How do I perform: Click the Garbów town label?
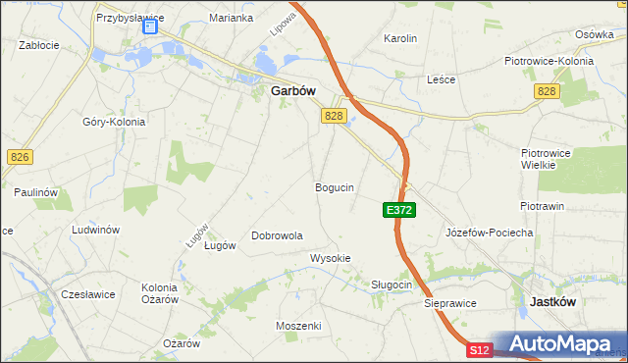point(291,90)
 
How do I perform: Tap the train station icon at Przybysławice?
point(150,26)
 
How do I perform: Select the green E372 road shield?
point(398,210)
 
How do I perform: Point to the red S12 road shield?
point(478,349)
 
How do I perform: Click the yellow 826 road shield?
point(19,157)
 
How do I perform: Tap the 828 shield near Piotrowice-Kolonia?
point(547,90)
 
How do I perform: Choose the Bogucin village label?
point(334,186)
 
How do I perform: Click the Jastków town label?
point(551,302)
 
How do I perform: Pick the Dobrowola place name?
point(277,235)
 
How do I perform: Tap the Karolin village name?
point(400,39)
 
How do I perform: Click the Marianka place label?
point(232,18)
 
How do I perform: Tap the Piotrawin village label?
point(542,206)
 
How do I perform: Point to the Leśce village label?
point(442,79)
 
